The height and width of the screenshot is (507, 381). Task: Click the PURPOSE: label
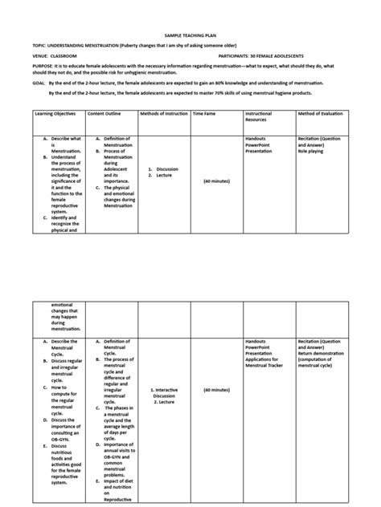[x=43, y=67]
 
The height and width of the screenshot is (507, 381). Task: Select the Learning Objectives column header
[x=55, y=114]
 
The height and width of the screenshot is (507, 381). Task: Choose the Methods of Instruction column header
[x=163, y=114]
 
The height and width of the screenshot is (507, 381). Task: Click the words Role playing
[x=312, y=151]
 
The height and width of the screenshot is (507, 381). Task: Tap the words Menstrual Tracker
[x=263, y=366]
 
